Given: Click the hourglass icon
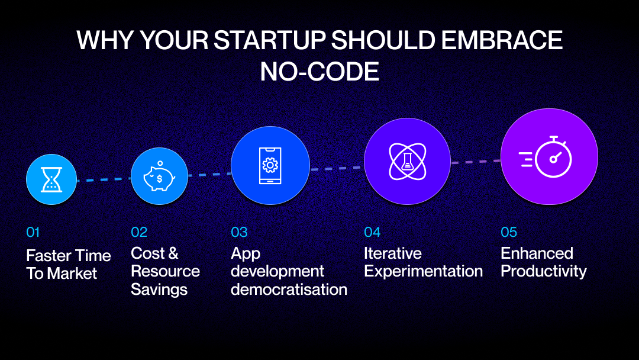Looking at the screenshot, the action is coord(51,179).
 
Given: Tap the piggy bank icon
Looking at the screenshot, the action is coord(159,176).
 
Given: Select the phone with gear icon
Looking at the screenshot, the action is coord(270,166).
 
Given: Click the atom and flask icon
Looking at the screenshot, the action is coord(407,162).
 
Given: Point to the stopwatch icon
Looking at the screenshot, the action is coord(546,157).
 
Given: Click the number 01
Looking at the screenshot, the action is coord(33,232).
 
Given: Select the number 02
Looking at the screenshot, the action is coord(139,232).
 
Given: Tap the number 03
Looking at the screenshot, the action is coord(239,232).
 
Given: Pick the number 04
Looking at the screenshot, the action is coord(372,232).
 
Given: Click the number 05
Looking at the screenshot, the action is coord(509,232).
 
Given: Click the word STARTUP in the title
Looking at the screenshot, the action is coord(269,40).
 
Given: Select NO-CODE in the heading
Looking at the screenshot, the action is coord(319,72).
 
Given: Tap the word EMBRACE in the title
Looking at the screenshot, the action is coord(502,40).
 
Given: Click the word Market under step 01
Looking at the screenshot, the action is coord(72,274).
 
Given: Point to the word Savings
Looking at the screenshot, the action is coord(159,290).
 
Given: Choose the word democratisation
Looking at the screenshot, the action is coord(289,290).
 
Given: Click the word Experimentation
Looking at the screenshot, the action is coord(424,272).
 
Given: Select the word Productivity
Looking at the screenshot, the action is coord(544,272).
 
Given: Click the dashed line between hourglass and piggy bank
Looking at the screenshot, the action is coord(104,179).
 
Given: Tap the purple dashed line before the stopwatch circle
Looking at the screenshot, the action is coord(476,162).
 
